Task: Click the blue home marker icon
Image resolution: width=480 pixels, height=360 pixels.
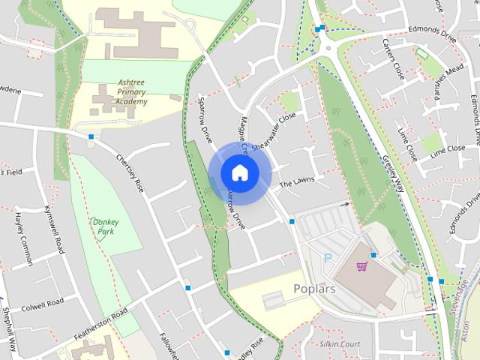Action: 239,172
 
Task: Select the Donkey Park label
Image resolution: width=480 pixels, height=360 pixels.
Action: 106,226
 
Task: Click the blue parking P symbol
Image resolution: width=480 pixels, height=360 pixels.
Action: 327,258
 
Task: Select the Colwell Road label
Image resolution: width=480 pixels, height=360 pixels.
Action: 43,304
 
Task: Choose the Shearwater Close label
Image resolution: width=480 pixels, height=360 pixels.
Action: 274,132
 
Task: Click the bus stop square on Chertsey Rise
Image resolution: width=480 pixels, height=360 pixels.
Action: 91,137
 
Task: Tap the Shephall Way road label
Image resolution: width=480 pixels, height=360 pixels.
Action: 9,322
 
